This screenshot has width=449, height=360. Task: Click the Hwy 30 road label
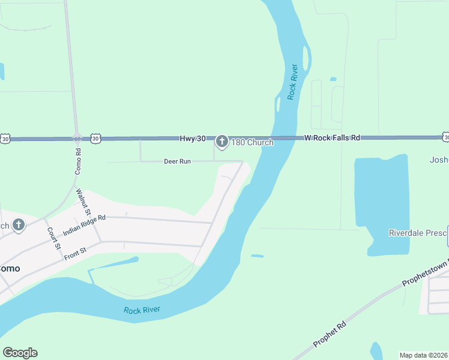(x=193, y=139)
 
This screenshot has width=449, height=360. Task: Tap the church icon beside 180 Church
(x=222, y=142)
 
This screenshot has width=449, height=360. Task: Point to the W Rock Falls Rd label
(x=332, y=138)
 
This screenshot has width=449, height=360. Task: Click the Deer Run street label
(x=177, y=161)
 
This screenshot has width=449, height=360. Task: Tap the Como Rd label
(x=78, y=160)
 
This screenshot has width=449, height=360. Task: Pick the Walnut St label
(x=83, y=202)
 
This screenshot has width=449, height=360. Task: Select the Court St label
(x=54, y=238)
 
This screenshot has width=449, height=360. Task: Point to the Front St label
(x=76, y=251)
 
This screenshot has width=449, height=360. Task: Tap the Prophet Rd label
(x=330, y=335)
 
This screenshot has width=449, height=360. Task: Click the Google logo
(x=20, y=353)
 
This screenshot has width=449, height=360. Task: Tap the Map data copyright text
(x=424, y=355)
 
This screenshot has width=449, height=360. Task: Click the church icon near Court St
(x=19, y=225)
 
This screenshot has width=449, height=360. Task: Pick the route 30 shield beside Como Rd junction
(x=95, y=139)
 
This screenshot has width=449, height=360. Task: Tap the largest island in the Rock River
(x=307, y=58)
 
